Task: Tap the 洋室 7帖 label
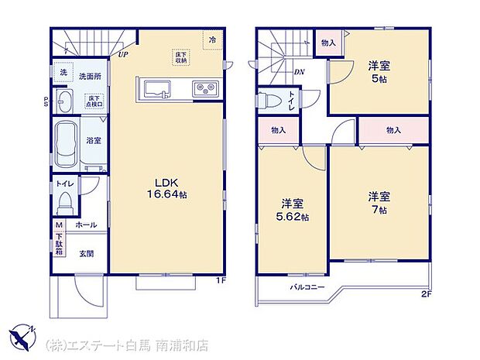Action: point(379,201)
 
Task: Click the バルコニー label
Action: point(307,288)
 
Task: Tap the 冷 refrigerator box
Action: point(211,39)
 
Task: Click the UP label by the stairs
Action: point(124,55)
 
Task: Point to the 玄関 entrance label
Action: point(86,253)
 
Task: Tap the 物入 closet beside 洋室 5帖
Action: point(327,43)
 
